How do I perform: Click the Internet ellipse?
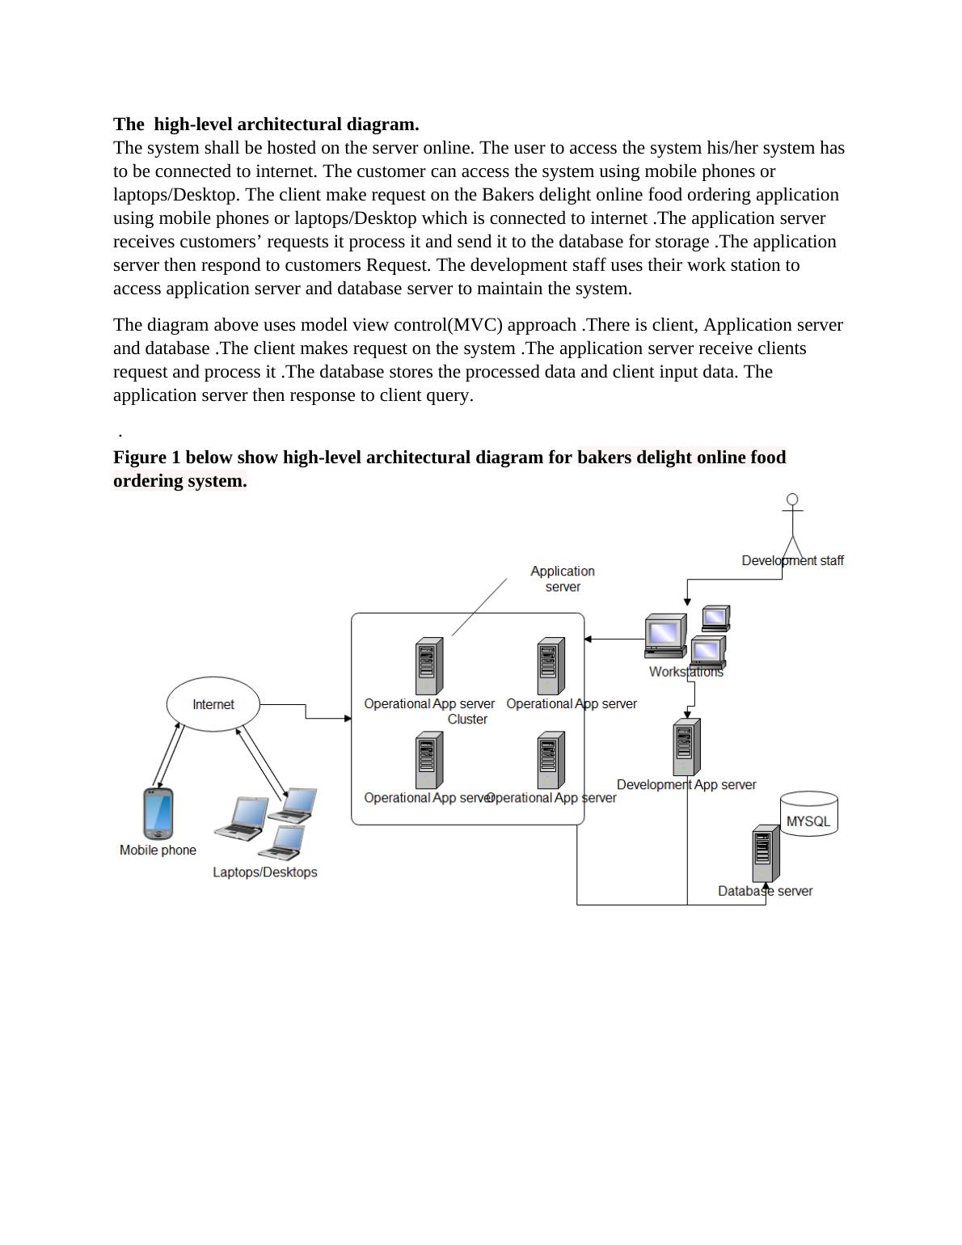pos(213,704)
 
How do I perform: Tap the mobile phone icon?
pos(158,814)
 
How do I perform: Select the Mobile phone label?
pos(158,850)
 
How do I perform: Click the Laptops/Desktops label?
pos(264,872)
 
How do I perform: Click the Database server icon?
pos(766,854)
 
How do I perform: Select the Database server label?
pos(765,891)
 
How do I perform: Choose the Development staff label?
pos(792,560)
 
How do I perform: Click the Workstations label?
pos(686,672)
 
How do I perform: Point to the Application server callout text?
pos(563,579)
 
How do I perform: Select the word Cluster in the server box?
pos(467,720)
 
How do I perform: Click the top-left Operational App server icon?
pos(429,666)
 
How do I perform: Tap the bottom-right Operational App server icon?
pos(551,760)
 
